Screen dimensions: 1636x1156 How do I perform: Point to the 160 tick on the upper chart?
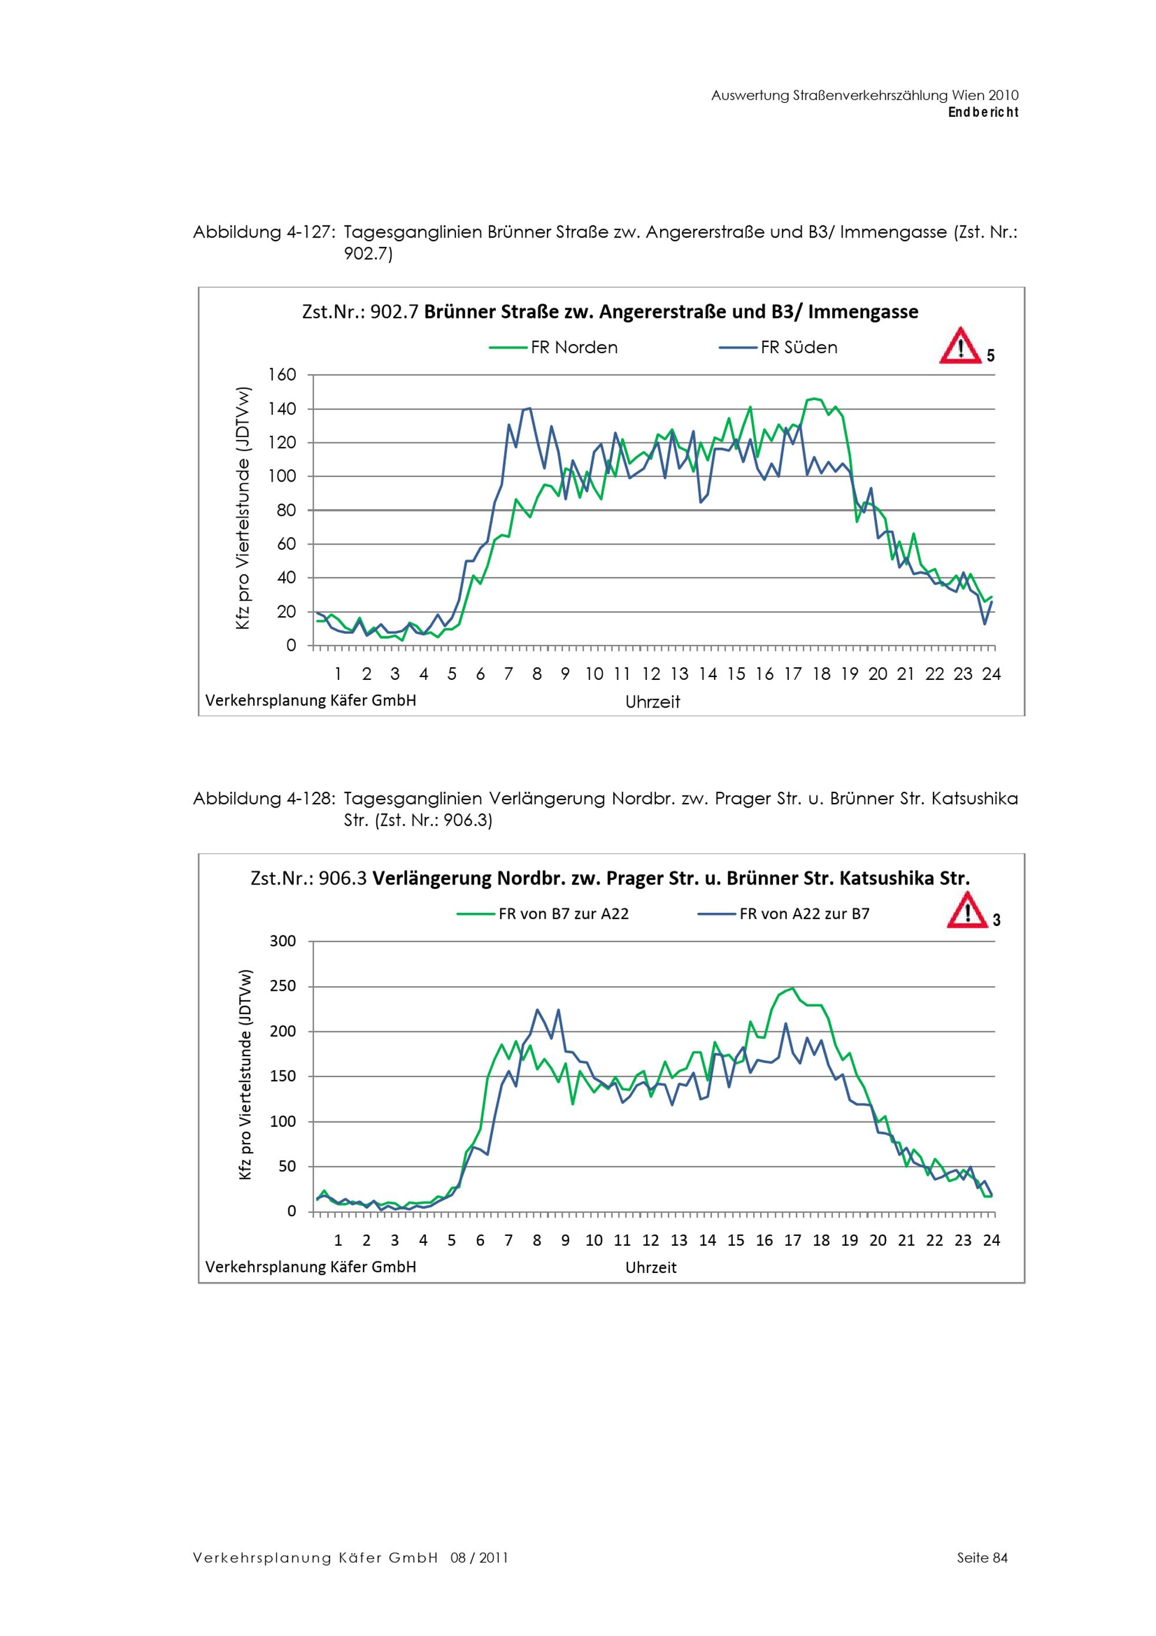point(282,375)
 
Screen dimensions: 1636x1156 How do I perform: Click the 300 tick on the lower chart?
point(282,941)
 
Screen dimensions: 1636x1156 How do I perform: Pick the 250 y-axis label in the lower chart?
point(282,987)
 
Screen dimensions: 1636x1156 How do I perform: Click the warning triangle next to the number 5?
point(959,346)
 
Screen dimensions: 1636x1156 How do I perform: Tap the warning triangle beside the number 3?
point(966,913)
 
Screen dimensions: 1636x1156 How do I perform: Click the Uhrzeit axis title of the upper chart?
point(653,702)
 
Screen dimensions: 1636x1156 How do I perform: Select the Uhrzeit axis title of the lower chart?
point(651,1268)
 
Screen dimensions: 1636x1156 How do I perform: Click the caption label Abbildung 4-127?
point(263,232)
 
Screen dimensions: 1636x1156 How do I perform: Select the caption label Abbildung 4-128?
point(263,799)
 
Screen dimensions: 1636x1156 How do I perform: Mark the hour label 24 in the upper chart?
point(991,674)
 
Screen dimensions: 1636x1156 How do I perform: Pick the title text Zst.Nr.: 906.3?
point(309,879)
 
